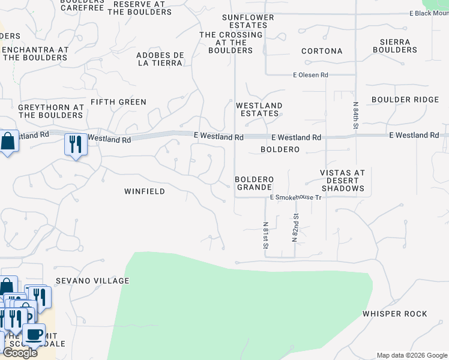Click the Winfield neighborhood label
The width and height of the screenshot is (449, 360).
[x=144, y=191]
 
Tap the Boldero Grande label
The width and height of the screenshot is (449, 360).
[x=254, y=184]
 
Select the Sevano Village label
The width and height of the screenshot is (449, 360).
[x=92, y=281]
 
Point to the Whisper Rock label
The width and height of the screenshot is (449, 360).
[x=394, y=314]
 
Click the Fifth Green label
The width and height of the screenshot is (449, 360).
[x=118, y=102]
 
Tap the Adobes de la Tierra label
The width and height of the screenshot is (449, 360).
[x=159, y=59]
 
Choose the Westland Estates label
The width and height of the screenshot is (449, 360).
[x=259, y=109]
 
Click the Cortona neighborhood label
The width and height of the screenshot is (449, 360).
[x=322, y=51]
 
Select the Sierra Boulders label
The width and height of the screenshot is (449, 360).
[x=394, y=46]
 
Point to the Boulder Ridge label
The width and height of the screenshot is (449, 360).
[x=405, y=100]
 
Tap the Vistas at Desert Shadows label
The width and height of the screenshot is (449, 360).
[x=342, y=181]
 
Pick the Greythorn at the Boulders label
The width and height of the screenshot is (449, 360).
[x=50, y=111]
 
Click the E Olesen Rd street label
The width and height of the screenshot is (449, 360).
[x=310, y=75]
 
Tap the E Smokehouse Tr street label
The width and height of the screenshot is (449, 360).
[x=296, y=197]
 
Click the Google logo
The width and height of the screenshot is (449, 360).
[x=20, y=353]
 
